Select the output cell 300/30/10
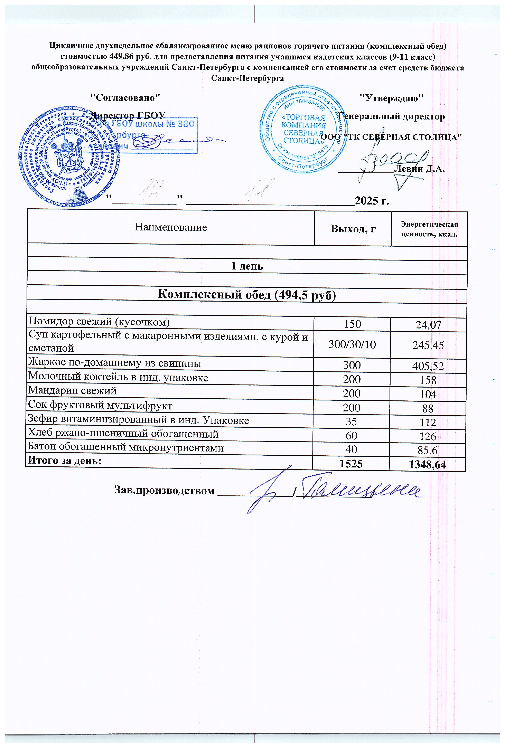pos(352,345)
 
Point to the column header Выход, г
pos(353,229)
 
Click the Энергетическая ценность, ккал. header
pos(429,229)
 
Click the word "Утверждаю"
pos(391,97)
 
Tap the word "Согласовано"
pos(125,97)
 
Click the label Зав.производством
pos(164,491)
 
